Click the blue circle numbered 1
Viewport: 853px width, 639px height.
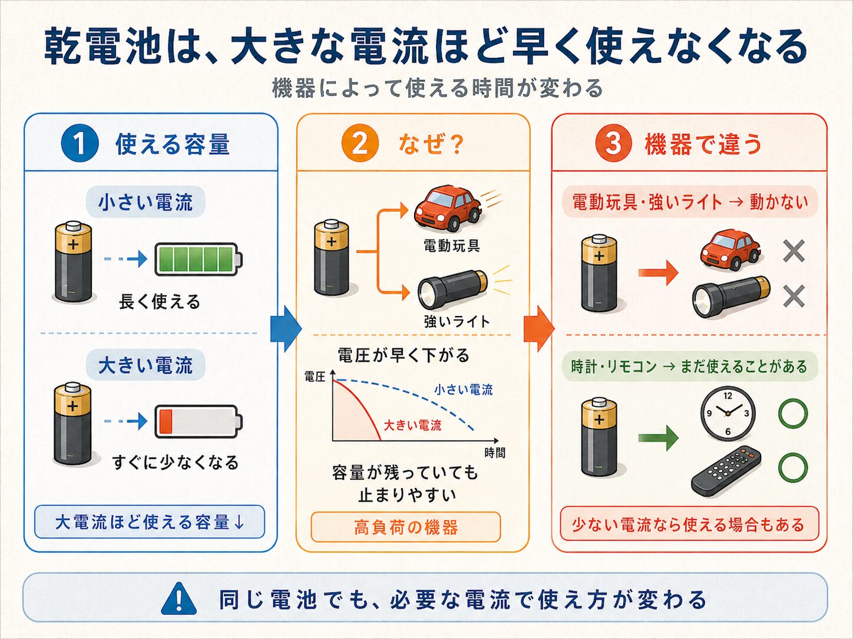coord(80,143)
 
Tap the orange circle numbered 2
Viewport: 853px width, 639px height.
coord(360,143)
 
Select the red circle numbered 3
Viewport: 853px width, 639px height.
coord(614,143)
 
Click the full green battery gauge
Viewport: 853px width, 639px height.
coord(199,259)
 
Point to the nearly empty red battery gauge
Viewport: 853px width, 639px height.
coord(199,422)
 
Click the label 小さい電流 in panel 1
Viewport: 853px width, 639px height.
coord(146,202)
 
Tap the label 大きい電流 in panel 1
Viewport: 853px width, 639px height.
coord(146,365)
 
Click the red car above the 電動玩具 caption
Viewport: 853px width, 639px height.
coord(448,208)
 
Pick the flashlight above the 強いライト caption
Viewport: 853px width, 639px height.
coord(453,289)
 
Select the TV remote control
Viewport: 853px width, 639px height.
coord(726,471)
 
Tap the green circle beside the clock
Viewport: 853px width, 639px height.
coord(793,412)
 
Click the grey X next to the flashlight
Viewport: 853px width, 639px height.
coord(794,297)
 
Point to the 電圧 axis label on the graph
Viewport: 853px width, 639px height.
coord(315,377)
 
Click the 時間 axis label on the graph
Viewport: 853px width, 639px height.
coord(495,452)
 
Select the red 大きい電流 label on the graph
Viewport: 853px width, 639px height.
coord(412,425)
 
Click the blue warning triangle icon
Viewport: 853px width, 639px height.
coord(178,598)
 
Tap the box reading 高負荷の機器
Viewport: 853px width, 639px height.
coord(406,527)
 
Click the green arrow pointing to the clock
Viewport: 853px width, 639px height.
coord(658,438)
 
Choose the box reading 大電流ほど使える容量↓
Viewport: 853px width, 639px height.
coord(150,522)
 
